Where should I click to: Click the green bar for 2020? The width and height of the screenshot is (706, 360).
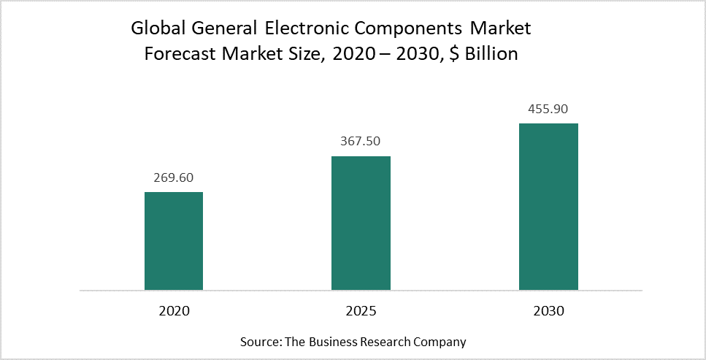(x=173, y=241)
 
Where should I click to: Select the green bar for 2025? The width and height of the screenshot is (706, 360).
(x=361, y=223)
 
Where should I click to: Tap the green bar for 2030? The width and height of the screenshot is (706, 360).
(x=548, y=207)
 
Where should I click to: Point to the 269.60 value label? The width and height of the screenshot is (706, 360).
(x=173, y=177)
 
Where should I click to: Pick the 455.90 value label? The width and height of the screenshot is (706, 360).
(x=548, y=109)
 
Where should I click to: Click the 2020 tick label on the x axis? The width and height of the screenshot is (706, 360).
(x=173, y=311)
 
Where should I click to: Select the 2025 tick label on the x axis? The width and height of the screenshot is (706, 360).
(x=361, y=311)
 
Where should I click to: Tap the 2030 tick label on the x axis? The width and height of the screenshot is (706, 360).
(x=548, y=311)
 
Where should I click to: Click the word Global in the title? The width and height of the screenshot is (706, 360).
(x=155, y=30)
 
